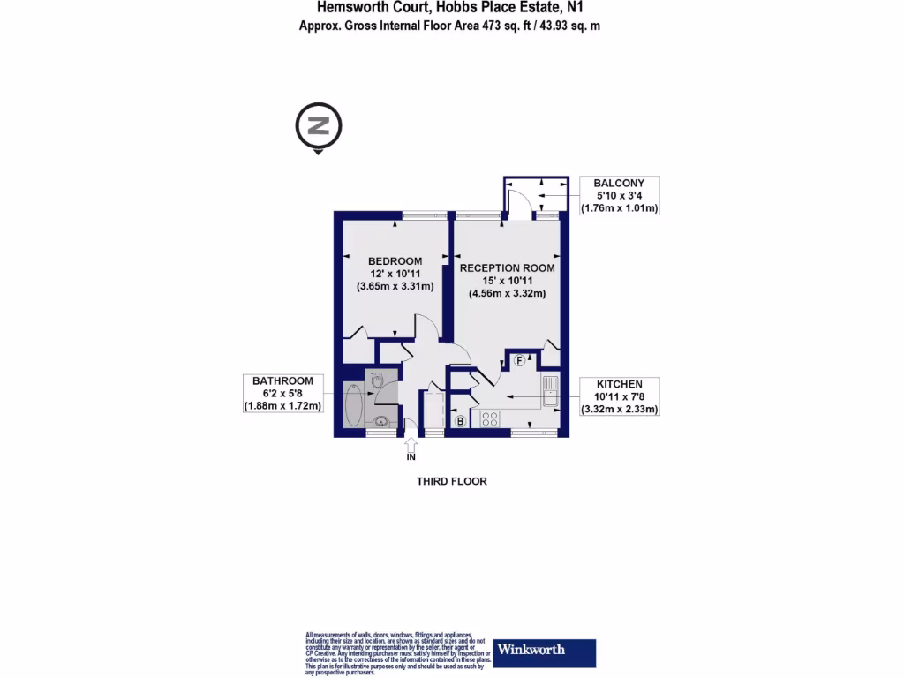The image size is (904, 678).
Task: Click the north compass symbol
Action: tap(319, 126)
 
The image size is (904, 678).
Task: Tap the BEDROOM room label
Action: tap(395, 261)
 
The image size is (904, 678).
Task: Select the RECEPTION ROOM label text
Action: tap(507, 267)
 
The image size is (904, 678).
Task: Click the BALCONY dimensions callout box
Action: tap(619, 196)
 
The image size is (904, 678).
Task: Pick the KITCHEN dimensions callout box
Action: tap(619, 396)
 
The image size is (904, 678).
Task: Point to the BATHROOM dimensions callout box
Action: tap(283, 393)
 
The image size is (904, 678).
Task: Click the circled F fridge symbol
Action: tap(520, 360)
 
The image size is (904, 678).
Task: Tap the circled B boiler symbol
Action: tap(460, 422)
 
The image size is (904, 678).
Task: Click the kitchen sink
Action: tap(550, 391)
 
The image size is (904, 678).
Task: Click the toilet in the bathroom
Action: tap(378, 382)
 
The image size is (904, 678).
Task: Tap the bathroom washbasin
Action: tap(381, 421)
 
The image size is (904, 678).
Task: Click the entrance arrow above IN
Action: tap(411, 438)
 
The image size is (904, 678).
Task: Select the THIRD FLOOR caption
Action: tap(452, 481)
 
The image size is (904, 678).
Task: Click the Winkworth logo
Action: tap(544, 652)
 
